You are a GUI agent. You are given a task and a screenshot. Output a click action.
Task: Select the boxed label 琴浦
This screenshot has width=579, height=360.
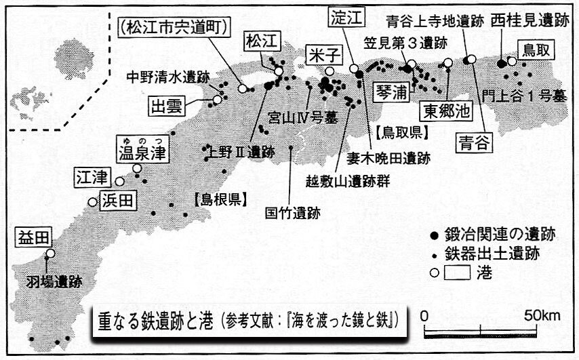tap(393, 91)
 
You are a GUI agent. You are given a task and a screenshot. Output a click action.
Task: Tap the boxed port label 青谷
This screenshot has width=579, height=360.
tap(473, 143)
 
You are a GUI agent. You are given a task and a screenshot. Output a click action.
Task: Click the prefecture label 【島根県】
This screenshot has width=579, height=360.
tap(218, 199)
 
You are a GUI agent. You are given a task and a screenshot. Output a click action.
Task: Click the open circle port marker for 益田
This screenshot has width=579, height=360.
tap(50, 254)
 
